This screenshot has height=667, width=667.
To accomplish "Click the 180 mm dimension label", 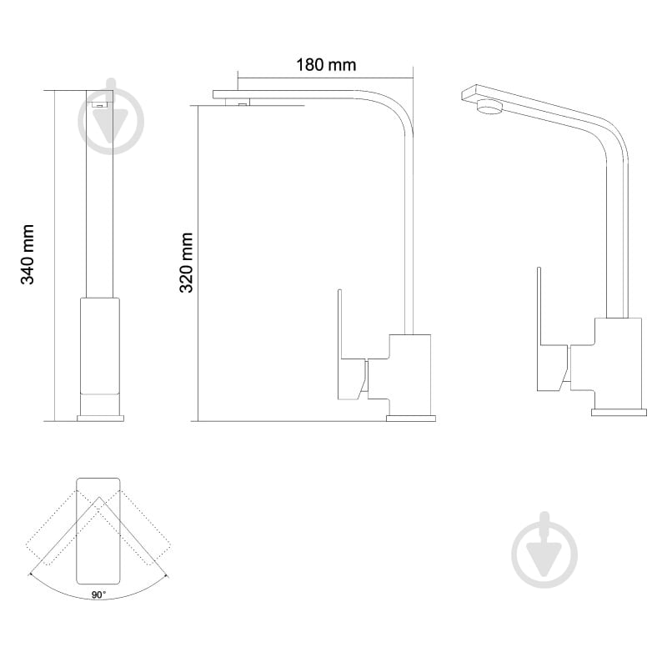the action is [x=326, y=65].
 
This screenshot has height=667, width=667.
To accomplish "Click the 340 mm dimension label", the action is [x=28, y=254].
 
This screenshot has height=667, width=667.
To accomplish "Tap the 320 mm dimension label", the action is [x=186, y=263].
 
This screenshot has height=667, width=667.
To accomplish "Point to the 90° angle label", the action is [x=99, y=594].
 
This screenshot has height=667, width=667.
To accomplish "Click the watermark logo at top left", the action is [x=111, y=117].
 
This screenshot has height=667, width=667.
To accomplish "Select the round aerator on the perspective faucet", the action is [x=490, y=106].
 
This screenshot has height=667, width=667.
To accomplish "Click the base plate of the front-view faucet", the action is [x=100, y=419].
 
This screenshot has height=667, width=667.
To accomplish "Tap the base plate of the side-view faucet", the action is [x=411, y=419].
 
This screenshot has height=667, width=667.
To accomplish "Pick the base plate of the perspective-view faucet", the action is [x=619, y=412].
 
